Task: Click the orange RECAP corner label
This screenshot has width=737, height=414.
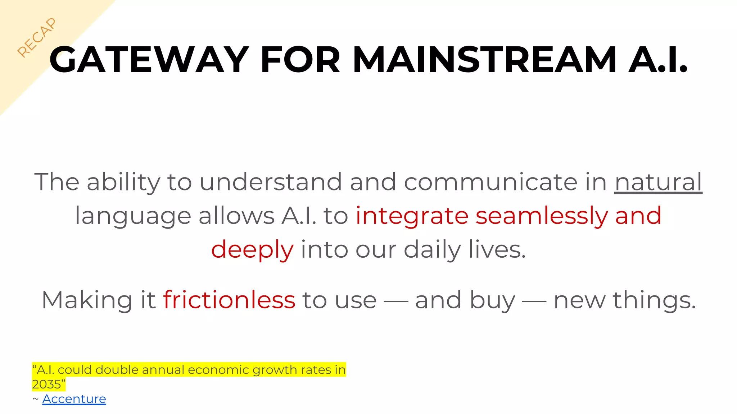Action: coord(37,37)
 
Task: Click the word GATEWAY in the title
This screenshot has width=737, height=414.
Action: coord(149,60)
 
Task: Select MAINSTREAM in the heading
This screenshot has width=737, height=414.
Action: coord(484,60)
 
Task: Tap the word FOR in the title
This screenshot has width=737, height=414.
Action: coord(300,60)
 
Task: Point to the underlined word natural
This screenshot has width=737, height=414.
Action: coord(658,182)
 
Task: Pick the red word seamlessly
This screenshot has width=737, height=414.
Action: coord(542,216)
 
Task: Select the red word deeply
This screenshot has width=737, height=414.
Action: coord(252,249)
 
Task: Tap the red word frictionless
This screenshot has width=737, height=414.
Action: coord(229,300)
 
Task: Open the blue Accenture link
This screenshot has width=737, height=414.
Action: coord(74,399)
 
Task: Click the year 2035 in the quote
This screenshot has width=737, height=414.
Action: coord(46,384)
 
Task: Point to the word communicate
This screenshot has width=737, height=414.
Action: coord(490,182)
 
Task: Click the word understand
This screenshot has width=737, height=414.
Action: coord(270,182)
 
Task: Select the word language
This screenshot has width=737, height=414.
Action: coord(133,216)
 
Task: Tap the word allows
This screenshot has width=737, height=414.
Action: coord(236,216)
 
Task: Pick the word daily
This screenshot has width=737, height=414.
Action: coord(432,249)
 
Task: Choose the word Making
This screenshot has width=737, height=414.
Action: coord(87,300)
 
